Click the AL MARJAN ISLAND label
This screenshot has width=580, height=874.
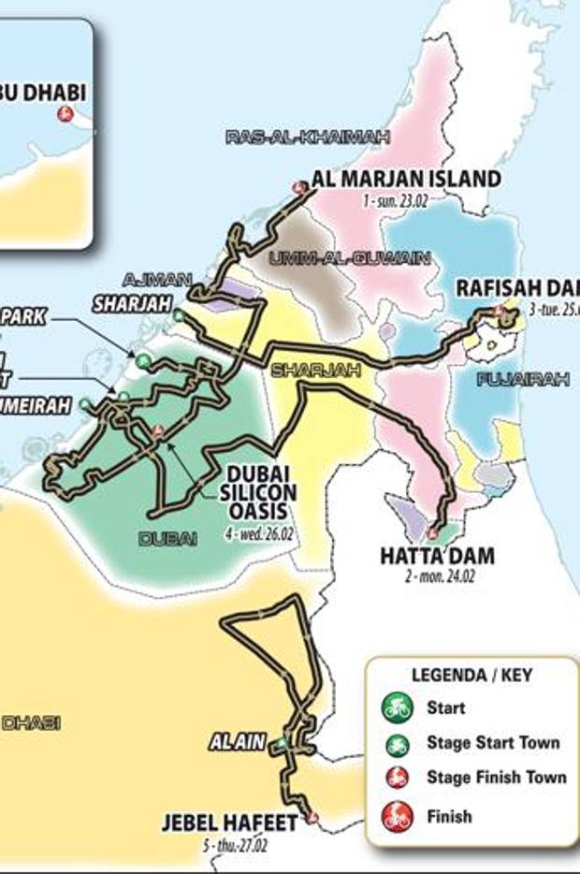coord(407,179)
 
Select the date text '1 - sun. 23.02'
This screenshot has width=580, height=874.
coord(399,201)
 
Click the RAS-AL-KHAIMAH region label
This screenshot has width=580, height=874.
coord(308,138)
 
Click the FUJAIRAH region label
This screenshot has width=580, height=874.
coord(523,379)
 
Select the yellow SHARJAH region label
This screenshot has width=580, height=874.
coord(302,371)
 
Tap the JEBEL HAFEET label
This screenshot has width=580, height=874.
coord(229,823)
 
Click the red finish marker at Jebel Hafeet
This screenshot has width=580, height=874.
coord(312,819)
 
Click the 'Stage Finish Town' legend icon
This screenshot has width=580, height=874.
coord(398,777)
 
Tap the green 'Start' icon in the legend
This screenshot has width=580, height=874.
coord(398,707)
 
